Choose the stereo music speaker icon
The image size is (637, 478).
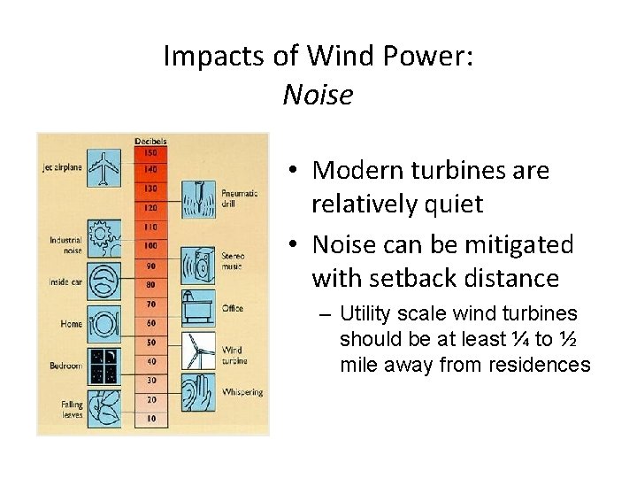point(198,263)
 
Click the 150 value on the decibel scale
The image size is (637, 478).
point(151,152)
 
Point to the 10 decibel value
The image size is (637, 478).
point(151,417)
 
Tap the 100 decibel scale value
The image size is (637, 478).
point(151,244)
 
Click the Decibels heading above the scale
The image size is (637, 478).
point(151,141)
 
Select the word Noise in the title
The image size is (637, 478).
point(318,95)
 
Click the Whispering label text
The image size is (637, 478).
point(242,391)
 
